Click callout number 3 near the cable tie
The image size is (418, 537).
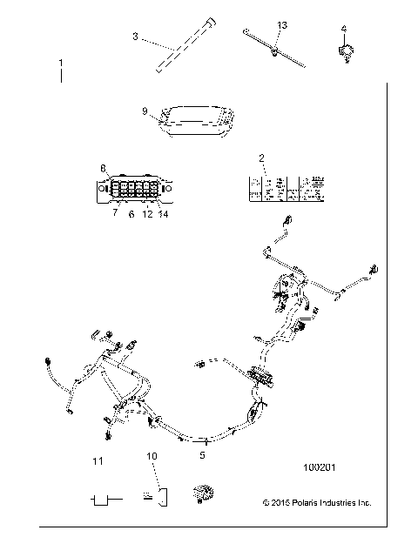135,36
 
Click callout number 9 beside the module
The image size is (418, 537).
145,111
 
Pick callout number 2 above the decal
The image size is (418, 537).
260,157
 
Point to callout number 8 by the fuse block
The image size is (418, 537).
102,167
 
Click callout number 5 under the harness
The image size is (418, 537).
202,454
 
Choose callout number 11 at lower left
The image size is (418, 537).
98,460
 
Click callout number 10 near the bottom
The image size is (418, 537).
152,456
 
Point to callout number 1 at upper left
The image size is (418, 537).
60,64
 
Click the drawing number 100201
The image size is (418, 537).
320,467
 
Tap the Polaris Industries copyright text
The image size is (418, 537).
316,502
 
